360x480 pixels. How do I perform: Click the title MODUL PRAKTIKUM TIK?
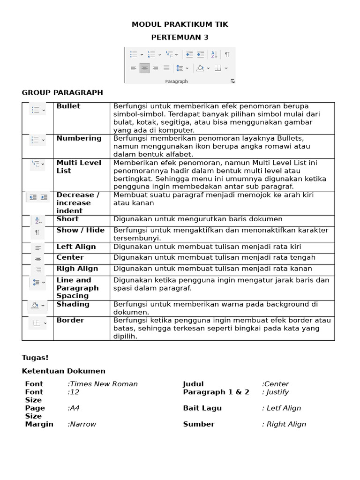[x=180, y=24]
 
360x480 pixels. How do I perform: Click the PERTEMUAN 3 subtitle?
[x=180, y=37]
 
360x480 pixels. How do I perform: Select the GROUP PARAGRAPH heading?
[x=62, y=92]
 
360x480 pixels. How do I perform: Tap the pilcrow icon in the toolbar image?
[x=227, y=54]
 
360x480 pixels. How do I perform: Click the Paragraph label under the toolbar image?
[x=176, y=81]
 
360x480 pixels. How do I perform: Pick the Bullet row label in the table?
[x=68, y=106]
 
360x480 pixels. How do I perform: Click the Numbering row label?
[x=79, y=138]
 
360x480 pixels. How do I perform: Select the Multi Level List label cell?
[x=79, y=167]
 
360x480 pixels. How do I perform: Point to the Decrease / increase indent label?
[x=78, y=203]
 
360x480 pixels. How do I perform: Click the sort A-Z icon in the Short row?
[x=38, y=220]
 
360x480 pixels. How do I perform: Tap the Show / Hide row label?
[x=81, y=230]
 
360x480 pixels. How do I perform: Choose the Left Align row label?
[x=76, y=247]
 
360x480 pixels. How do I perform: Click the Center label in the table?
[x=70, y=257]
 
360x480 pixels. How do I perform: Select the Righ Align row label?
[x=77, y=269]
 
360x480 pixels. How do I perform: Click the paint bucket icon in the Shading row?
[x=35, y=306]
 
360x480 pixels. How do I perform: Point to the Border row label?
[x=70, y=320]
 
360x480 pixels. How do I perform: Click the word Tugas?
[x=35, y=358]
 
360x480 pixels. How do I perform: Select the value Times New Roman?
[x=103, y=384]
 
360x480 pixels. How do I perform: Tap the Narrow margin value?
[x=82, y=424]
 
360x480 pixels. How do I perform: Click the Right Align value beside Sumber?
[x=284, y=424]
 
